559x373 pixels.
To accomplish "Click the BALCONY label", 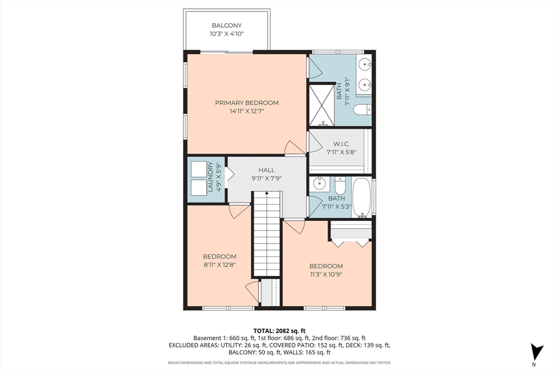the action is [227, 25].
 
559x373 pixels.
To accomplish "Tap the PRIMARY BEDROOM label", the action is [247, 103].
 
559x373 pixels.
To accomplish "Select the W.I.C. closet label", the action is [342, 144].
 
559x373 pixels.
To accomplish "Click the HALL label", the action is [266, 170].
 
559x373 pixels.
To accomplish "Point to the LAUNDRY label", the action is [210, 177].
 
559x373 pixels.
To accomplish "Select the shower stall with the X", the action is [322, 105].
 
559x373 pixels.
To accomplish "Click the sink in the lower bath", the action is [319, 184].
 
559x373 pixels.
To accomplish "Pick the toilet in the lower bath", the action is [341, 186].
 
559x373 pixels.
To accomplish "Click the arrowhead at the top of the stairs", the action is [266, 193].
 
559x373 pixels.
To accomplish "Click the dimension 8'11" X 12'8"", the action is [219, 264].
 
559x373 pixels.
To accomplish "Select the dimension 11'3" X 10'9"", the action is [326, 274].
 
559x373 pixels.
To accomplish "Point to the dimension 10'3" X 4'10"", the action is [227, 34].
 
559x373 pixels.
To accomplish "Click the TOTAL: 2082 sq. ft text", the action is [279, 330].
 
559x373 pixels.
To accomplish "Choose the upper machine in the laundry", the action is [199, 169].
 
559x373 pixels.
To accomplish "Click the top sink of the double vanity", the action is [364, 65].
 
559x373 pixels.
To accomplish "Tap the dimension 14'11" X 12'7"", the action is [247, 111].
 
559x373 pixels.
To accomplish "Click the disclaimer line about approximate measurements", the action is [279, 363].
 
